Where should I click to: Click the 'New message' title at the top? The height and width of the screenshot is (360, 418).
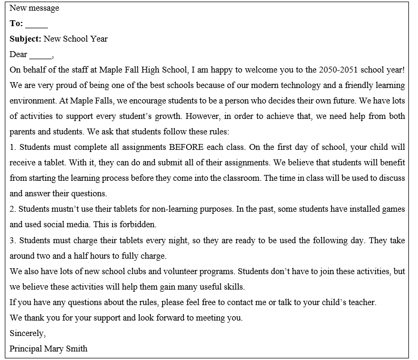[x=34, y=8]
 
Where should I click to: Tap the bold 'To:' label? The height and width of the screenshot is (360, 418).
[x=16, y=23]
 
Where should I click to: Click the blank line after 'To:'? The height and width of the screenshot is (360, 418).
[x=36, y=25]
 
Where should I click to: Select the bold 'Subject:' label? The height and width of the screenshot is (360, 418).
[x=25, y=39]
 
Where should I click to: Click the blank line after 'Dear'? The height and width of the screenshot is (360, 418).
[x=41, y=55]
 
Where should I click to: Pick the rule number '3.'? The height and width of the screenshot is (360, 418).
[x=13, y=241]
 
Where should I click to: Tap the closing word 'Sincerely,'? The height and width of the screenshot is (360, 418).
[x=28, y=333]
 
